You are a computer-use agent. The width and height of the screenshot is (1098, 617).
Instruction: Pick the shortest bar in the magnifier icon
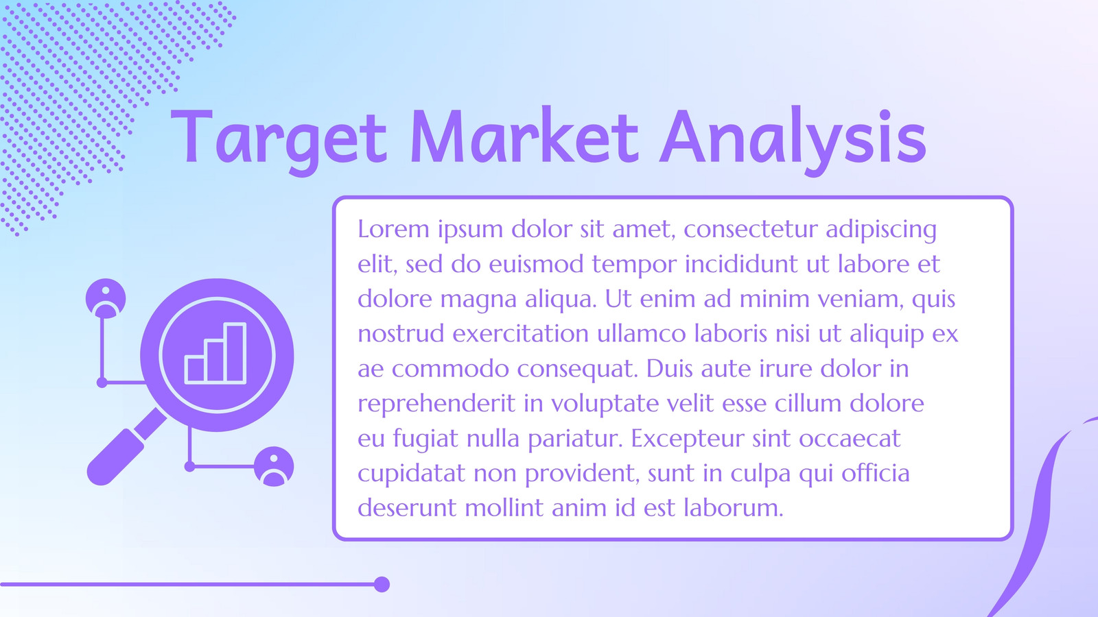pos(195,370)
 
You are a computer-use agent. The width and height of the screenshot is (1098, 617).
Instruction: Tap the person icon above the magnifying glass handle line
pos(106,298)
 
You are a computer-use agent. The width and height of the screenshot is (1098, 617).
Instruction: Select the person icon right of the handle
pos(274,466)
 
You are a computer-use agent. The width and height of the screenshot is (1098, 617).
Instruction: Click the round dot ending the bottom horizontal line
pos(382,584)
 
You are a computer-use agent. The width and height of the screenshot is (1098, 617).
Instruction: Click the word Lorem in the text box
pos(393,229)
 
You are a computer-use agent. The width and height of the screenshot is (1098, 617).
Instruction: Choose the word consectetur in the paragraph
pos(750,229)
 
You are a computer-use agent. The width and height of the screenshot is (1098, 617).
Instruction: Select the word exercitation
pos(520,334)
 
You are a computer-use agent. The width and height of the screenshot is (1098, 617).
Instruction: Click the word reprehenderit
pos(436,404)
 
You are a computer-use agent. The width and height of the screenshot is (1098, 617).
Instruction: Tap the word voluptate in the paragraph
pos(605,404)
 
